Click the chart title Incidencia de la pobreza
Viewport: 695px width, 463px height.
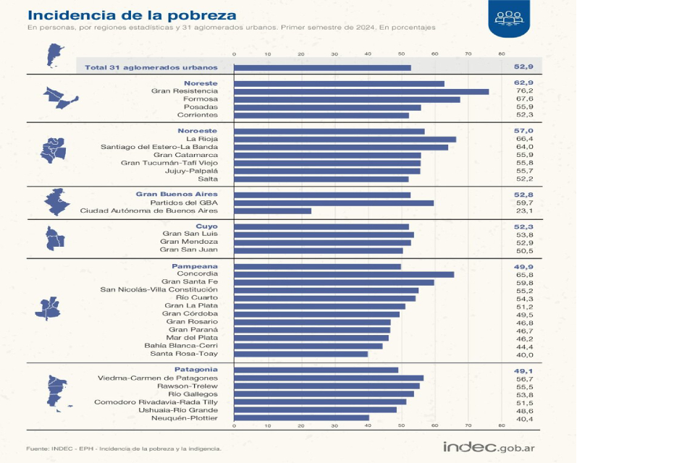[x=131, y=15]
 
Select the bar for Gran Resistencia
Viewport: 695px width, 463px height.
[x=361, y=91]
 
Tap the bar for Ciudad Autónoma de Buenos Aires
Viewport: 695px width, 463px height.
[x=272, y=211]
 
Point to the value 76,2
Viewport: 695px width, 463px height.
[x=523, y=91]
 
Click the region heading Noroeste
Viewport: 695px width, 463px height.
[x=198, y=131]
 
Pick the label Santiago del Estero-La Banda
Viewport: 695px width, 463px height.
[x=159, y=147]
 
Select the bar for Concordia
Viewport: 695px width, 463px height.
[x=344, y=274]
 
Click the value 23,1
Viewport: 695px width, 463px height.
[x=523, y=211]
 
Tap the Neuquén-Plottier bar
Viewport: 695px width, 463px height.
[x=301, y=417]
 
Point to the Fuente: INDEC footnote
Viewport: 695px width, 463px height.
[x=124, y=449]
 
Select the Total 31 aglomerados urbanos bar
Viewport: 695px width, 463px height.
[x=322, y=67]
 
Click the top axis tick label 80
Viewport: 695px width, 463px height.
[x=502, y=54]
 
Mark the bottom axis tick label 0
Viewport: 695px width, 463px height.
[x=234, y=427]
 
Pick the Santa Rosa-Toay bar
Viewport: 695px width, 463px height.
[x=300, y=354]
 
